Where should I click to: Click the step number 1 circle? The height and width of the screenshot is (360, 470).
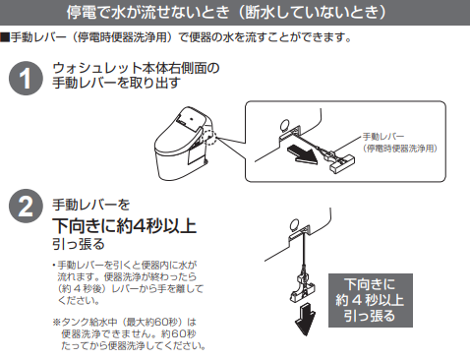(26, 79)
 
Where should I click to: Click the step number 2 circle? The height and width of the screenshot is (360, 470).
(26, 206)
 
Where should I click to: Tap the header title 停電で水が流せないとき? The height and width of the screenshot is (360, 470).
(147, 13)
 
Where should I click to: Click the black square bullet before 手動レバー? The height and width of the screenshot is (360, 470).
(5, 37)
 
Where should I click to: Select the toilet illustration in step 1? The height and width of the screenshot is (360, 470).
(184, 143)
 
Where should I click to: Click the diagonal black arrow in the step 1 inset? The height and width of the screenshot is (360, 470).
(303, 154)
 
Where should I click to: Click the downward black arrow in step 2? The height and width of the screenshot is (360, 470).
(305, 319)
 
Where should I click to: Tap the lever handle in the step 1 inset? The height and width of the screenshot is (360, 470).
(341, 163)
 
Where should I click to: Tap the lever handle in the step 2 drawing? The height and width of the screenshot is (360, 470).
(302, 287)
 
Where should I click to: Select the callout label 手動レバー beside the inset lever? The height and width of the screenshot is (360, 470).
(382, 137)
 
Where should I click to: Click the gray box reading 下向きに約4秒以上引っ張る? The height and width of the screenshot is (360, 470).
(371, 300)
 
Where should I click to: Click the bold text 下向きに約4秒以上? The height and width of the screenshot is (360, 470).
(125, 225)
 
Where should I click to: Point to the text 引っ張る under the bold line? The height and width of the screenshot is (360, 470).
(79, 244)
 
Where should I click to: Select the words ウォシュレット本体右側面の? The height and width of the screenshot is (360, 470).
(136, 68)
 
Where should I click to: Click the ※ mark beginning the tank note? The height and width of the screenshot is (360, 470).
(57, 323)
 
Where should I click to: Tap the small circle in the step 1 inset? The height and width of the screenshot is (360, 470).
(285, 124)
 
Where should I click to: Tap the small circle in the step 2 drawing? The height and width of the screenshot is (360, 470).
(295, 224)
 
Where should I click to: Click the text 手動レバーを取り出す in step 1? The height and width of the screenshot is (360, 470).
(117, 83)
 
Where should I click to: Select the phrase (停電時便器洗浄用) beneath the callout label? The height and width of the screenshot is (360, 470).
(400, 149)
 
